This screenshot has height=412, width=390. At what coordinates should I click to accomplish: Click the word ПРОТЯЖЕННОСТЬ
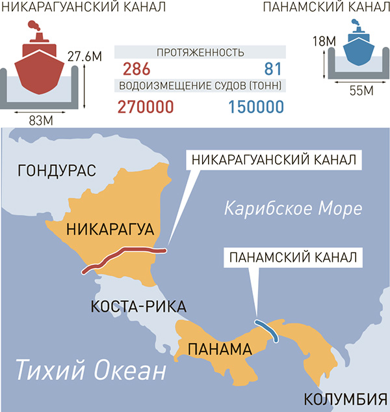(200, 53)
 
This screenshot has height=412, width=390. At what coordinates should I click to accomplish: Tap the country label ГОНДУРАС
(57, 171)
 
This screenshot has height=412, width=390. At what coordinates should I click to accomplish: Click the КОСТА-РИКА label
(139, 307)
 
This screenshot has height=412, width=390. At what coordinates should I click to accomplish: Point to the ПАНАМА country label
(218, 349)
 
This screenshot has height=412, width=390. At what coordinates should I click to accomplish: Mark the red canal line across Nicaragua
(123, 257)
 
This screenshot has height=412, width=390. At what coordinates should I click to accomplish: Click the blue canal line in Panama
(267, 331)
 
